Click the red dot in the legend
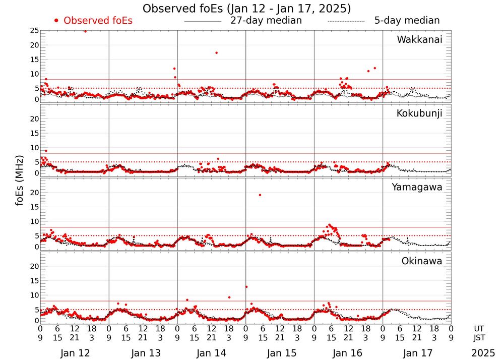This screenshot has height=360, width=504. (x=56, y=21)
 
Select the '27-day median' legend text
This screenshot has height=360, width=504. (x=266, y=21)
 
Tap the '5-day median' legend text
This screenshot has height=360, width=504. (x=407, y=21)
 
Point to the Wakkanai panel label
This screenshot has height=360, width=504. (x=419, y=40)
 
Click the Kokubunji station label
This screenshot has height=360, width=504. (x=419, y=113)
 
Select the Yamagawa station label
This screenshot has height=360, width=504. (x=417, y=188)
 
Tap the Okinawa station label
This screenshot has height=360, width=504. (x=422, y=261)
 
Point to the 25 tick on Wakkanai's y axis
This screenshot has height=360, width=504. (x=34, y=31)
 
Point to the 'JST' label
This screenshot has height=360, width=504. (x=480, y=337)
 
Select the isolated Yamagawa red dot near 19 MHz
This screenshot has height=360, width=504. (x=260, y=195)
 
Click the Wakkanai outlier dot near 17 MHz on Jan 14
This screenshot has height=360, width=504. (x=216, y=53)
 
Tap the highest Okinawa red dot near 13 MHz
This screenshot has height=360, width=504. (x=246, y=287)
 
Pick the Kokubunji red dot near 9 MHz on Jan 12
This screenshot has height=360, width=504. (x=46, y=151)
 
